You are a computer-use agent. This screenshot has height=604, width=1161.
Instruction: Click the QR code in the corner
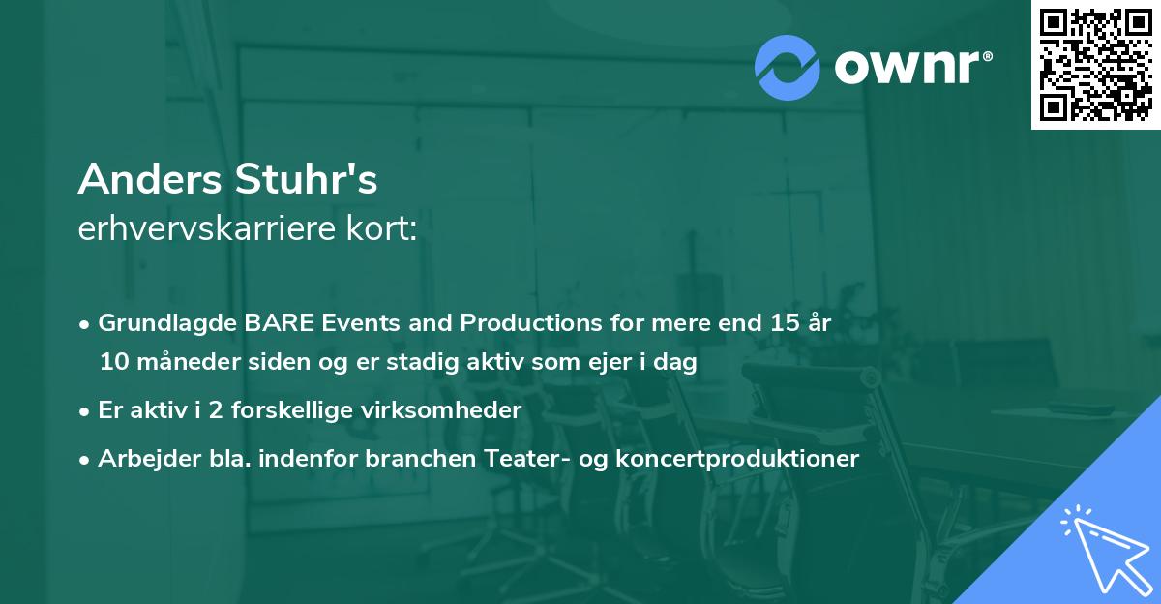point(1095,65)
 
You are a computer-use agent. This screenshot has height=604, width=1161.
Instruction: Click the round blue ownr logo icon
point(788,68)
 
